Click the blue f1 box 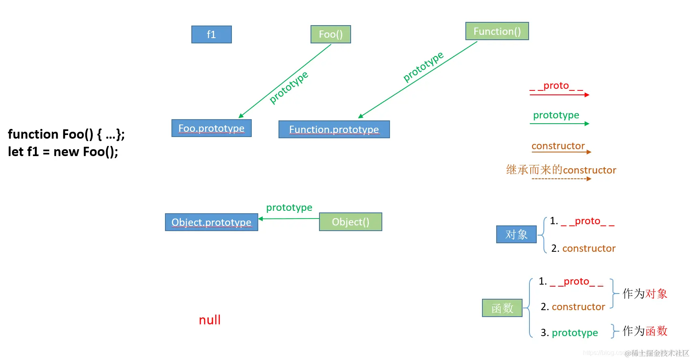click(x=211, y=34)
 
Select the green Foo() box click(x=330, y=34)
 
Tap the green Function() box click(x=497, y=31)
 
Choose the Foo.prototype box click(x=211, y=128)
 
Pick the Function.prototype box click(x=334, y=129)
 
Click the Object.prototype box click(x=211, y=222)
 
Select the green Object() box click(x=350, y=222)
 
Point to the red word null click(x=210, y=320)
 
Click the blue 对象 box click(x=516, y=234)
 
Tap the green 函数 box click(x=502, y=308)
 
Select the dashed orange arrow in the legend click(x=561, y=179)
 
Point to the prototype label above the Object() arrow click(x=289, y=208)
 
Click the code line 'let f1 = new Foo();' click(x=63, y=152)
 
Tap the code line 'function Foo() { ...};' click(x=66, y=134)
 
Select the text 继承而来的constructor click(x=561, y=170)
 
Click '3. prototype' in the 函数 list click(x=569, y=333)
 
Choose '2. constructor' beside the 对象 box click(x=583, y=249)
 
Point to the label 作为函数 click(x=645, y=331)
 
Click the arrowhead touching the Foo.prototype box click(x=241, y=116)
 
